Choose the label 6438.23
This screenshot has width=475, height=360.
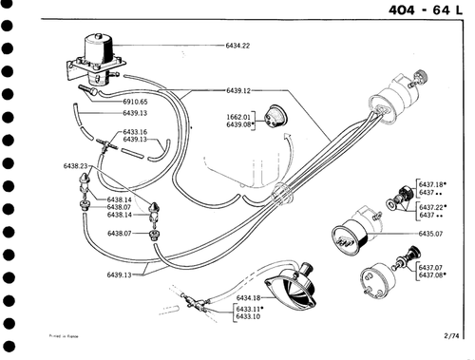[x=76, y=166]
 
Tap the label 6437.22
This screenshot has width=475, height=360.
[x=432, y=206]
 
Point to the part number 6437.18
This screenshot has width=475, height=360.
[x=432, y=183]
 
